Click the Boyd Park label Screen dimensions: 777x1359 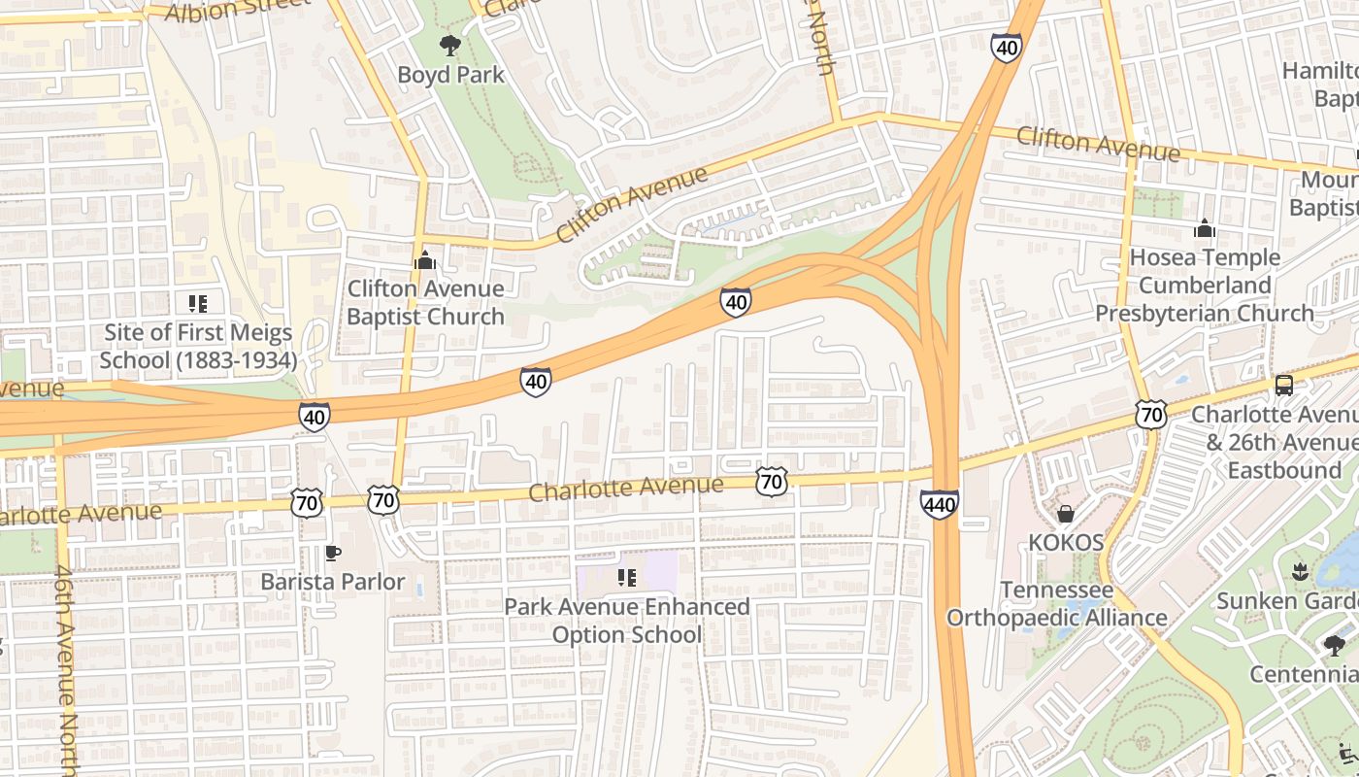tap(450, 75)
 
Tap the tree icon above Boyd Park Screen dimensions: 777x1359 tap(449, 45)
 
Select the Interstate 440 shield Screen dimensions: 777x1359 tap(939, 504)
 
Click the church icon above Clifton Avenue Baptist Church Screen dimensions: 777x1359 tap(424, 260)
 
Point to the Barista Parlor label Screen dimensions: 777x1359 tap(332, 582)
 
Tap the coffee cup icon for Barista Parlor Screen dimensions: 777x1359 tap(332, 553)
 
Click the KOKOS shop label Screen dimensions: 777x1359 tap(1066, 542)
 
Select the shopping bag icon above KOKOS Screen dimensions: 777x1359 tap(1066, 514)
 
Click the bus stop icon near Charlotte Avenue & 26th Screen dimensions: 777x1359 tap(1283, 385)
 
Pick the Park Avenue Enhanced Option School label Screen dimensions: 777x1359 tap(627, 621)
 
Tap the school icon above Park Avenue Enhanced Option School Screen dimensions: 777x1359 tap(627, 579)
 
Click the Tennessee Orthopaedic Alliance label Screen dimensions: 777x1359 tap(1057, 604)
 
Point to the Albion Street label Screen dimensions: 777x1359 tap(238, 9)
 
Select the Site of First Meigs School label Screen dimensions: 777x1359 tap(197, 346)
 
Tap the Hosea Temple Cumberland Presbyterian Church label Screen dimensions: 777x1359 tap(1205, 286)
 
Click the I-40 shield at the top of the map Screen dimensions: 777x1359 tap(1007, 46)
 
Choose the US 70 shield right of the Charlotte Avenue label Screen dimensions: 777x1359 tap(771, 481)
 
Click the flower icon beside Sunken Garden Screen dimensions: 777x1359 tap(1301, 572)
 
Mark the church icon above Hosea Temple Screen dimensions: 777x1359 tap(1205, 228)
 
